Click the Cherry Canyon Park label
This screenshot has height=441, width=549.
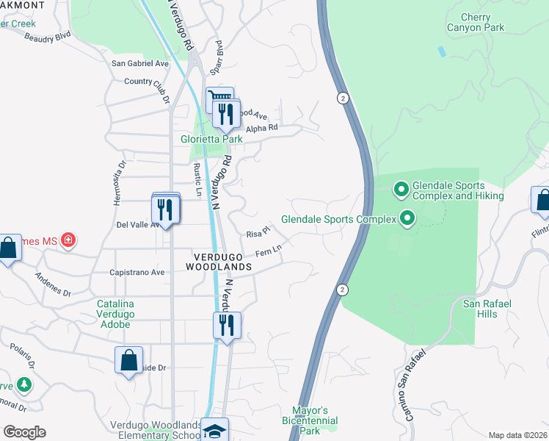pyautogui.click(x=476, y=22)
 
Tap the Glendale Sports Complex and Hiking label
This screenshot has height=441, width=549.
pyautogui.click(x=458, y=190)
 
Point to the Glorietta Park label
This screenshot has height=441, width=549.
pyautogui.click(x=211, y=139)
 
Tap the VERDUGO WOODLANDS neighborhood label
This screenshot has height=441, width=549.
pyautogui.click(x=222, y=262)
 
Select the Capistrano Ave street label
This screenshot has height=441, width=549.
pyautogui.click(x=137, y=271)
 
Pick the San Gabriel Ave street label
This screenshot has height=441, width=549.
pyautogui.click(x=139, y=63)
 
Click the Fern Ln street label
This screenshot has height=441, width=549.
pyautogui.click(x=269, y=252)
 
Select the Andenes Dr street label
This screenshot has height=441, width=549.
pyautogui.click(x=53, y=284)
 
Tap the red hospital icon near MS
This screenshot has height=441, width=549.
pyautogui.click(x=68, y=240)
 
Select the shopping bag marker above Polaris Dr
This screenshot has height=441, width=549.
pyautogui.click(x=129, y=361)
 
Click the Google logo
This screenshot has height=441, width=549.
pyautogui.click(x=24, y=432)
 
